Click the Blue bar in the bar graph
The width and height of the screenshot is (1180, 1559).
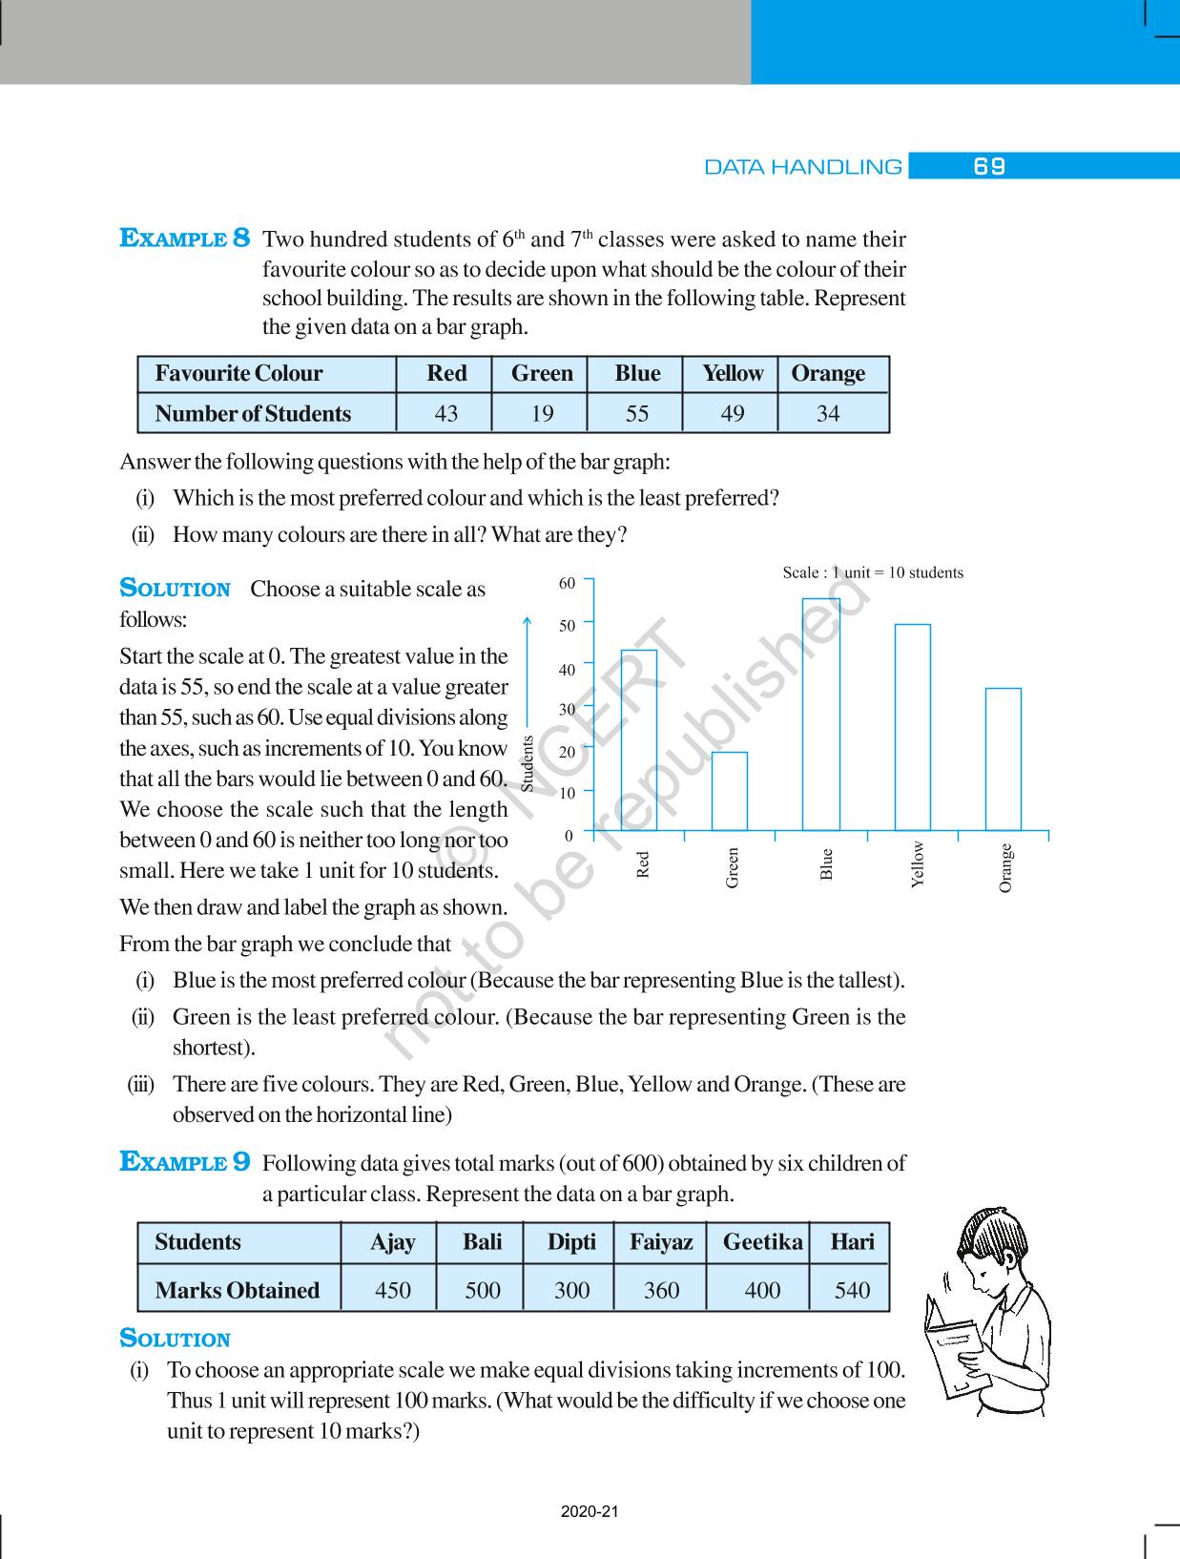(x=820, y=715)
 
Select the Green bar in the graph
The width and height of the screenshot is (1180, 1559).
(x=730, y=791)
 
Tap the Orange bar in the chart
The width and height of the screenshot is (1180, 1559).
(x=1003, y=759)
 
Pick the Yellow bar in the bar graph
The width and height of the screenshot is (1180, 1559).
(x=912, y=727)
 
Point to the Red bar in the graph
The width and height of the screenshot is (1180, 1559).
(x=639, y=739)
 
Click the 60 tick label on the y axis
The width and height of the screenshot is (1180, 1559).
(x=567, y=583)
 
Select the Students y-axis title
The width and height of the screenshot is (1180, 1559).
(x=528, y=762)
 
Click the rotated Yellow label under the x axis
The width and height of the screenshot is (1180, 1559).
(x=918, y=863)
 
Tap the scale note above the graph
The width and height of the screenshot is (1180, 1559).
(x=873, y=572)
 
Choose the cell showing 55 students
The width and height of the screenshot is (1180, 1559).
(x=636, y=414)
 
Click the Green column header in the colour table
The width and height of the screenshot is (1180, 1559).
(x=542, y=373)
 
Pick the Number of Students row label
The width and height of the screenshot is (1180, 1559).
(x=253, y=414)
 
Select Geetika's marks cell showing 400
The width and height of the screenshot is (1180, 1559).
(x=762, y=1290)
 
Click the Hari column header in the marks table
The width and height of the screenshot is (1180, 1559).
(x=852, y=1242)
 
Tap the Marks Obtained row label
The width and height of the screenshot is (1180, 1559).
(x=237, y=1290)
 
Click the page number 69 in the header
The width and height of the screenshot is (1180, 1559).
(x=989, y=166)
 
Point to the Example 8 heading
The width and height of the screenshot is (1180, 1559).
(x=185, y=238)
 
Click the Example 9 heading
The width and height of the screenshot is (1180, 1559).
(x=185, y=1161)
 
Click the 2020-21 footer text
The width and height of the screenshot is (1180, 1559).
(x=590, y=1511)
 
